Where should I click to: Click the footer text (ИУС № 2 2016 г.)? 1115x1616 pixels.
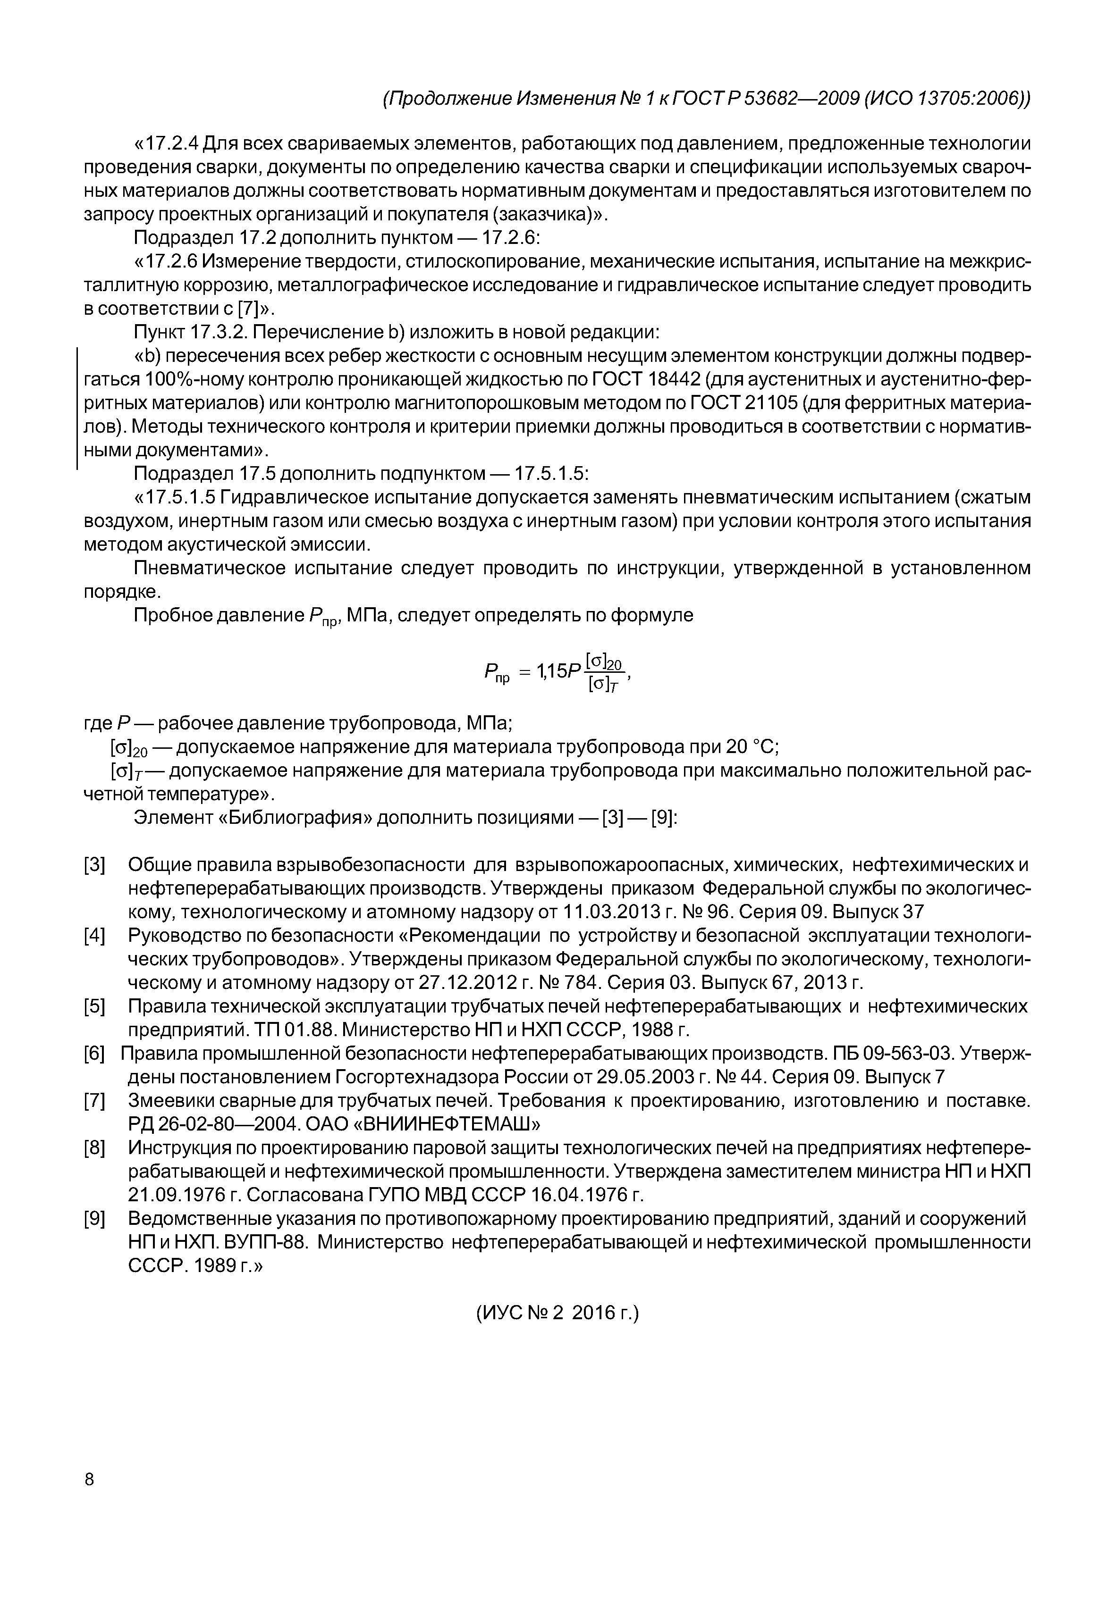point(557,1333)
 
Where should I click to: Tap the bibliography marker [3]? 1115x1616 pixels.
point(93,865)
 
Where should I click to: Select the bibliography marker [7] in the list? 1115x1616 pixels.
point(93,1101)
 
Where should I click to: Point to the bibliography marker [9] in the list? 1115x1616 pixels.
point(93,1219)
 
